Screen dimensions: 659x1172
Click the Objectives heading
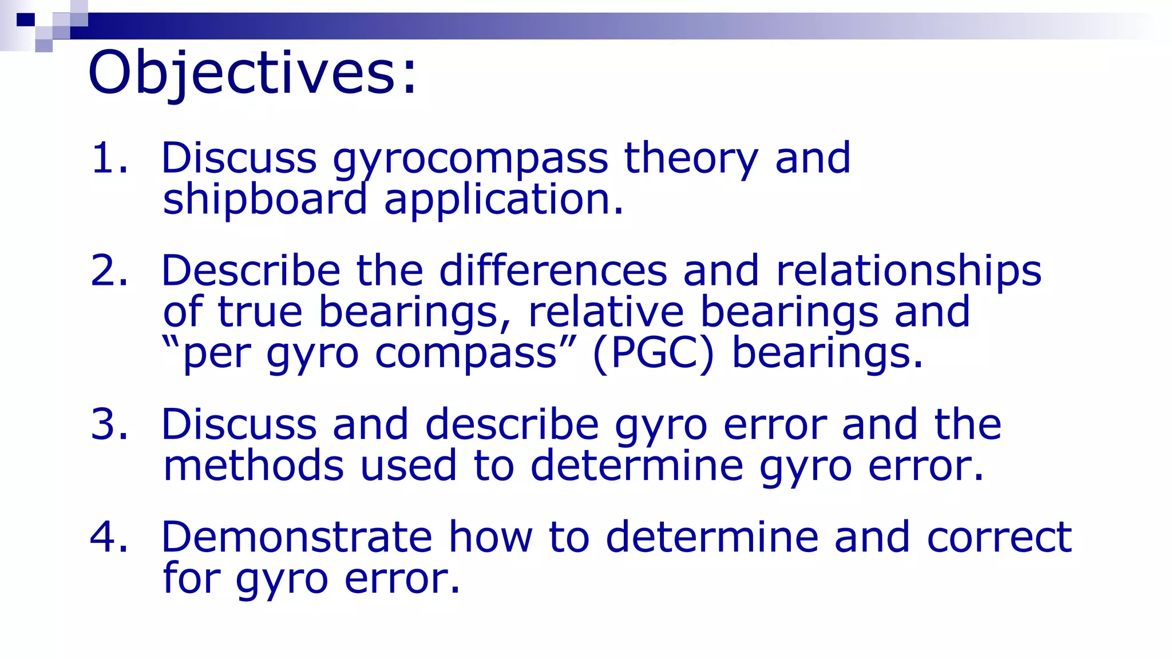pos(252,73)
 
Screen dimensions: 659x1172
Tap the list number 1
pos(108,158)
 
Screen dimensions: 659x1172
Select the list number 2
pos(108,271)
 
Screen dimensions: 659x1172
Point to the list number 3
pos(108,424)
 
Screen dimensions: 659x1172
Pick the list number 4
pos(108,537)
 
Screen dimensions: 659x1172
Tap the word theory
pos(691,158)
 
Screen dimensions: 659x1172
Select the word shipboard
pos(264,200)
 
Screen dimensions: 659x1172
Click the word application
pos(504,200)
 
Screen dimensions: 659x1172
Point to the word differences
pos(553,271)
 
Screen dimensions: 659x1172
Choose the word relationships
pos(908,271)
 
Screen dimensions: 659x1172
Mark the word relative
pos(605,312)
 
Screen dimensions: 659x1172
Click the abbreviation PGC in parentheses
pos(653,354)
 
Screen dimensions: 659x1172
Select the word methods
pos(254,466)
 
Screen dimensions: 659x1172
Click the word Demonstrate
pos(296,537)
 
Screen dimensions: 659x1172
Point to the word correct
pos(999,537)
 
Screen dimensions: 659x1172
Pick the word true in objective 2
pos(260,312)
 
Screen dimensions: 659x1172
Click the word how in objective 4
pos(490,537)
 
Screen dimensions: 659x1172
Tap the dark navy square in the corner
pos(26,20)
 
